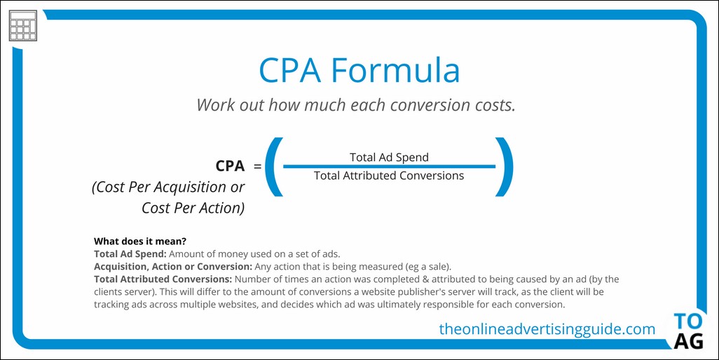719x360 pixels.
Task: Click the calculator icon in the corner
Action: [x=23, y=26]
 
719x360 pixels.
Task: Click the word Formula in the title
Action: [x=395, y=70]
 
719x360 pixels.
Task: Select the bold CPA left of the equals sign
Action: [x=230, y=166]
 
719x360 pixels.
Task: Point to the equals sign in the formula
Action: [x=258, y=166]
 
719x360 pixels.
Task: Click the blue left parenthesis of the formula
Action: [x=275, y=167]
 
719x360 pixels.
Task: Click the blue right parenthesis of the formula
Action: [x=504, y=167]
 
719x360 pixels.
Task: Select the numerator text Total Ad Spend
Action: [x=390, y=157]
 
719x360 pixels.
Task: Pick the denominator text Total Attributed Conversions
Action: [x=389, y=175]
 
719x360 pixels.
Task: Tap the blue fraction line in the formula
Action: [x=390, y=166]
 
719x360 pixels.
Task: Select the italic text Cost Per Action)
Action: [x=193, y=208]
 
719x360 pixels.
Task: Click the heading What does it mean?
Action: [x=140, y=241]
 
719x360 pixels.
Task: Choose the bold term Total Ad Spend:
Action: [x=130, y=254]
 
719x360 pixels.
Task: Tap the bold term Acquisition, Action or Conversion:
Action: [x=173, y=266]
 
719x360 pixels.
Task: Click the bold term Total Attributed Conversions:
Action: [x=163, y=279]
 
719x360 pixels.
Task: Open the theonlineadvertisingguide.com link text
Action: [x=547, y=329]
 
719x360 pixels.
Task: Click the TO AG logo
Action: [x=688, y=331]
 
